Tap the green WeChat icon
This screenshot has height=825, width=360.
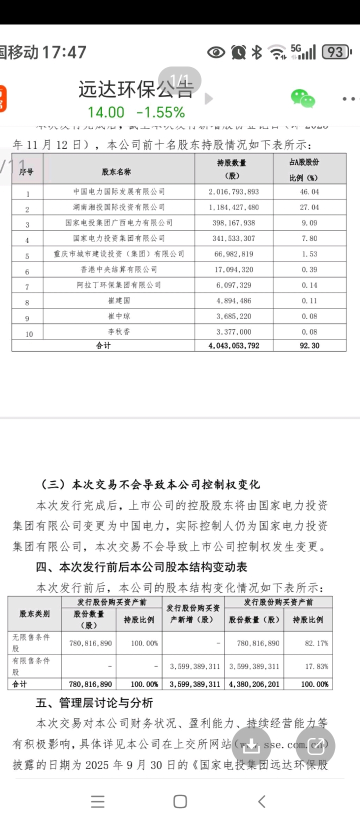(x=303, y=98)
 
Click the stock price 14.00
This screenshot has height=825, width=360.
(x=106, y=112)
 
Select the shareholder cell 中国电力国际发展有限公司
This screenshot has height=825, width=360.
(x=119, y=191)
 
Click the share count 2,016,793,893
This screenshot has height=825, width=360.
(x=234, y=191)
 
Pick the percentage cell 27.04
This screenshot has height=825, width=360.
(x=310, y=207)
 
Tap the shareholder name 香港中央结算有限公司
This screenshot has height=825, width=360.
(x=119, y=269)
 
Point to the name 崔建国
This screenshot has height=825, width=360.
(x=119, y=300)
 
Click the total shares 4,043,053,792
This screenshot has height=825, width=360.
(x=234, y=345)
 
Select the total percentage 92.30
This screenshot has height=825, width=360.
(x=310, y=345)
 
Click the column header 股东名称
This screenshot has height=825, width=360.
(x=116, y=171)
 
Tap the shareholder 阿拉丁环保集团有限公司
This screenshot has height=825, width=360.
(x=119, y=285)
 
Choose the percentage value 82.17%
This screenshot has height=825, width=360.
(x=316, y=643)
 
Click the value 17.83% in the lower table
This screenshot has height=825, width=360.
(x=316, y=666)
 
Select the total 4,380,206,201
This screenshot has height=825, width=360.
(x=254, y=684)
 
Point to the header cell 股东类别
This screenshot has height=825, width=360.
(x=34, y=613)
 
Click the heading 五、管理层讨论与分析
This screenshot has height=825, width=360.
(x=94, y=702)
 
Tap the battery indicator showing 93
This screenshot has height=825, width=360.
(x=336, y=51)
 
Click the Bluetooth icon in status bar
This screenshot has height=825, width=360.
(x=256, y=51)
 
